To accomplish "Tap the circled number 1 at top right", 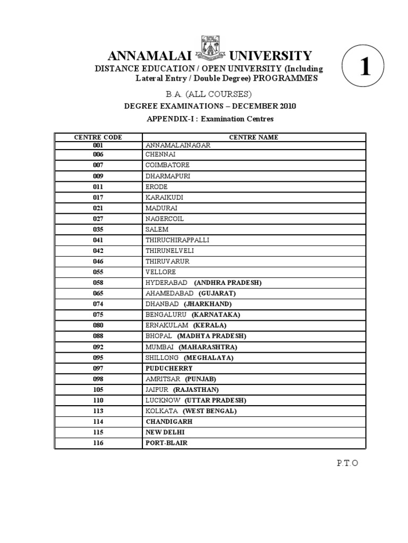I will (x=365, y=68).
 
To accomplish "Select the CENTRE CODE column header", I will (x=98, y=137).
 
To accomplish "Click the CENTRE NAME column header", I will (x=253, y=137).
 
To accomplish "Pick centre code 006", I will (x=98, y=154).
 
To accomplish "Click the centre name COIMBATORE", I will (x=167, y=165).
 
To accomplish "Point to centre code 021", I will (x=98, y=208).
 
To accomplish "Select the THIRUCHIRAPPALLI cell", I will (x=177, y=240).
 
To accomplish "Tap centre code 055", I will (x=98, y=272).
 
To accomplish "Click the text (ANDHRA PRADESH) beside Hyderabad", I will (x=228, y=283).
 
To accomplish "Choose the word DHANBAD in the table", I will (x=163, y=304).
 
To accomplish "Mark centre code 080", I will (x=98, y=326).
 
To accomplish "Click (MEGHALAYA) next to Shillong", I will (x=209, y=357).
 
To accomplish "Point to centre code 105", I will (x=98, y=390).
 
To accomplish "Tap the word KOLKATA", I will (x=161, y=411).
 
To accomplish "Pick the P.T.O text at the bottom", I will (x=347, y=463).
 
